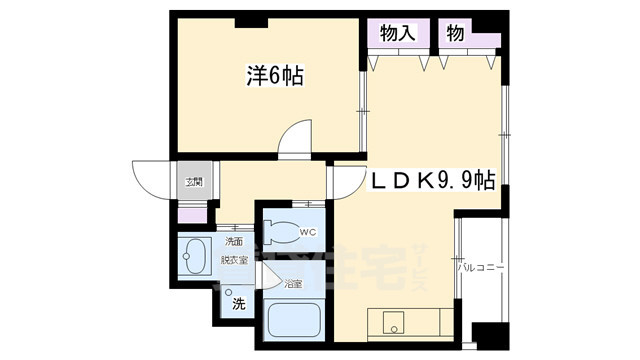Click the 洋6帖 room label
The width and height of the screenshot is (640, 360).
(x=274, y=74)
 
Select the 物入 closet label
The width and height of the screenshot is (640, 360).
(x=397, y=33)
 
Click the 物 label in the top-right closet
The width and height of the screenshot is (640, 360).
(x=454, y=33)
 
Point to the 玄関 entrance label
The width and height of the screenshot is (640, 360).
(x=193, y=182)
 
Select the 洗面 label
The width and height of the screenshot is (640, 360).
(x=233, y=241)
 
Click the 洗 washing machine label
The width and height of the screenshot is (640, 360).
(x=238, y=303)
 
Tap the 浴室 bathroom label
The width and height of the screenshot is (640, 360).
(x=292, y=283)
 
